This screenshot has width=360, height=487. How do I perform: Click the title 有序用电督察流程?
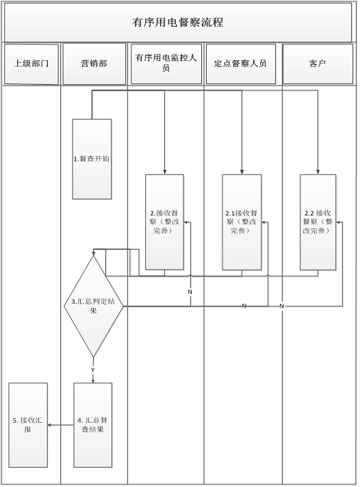coord(177,23)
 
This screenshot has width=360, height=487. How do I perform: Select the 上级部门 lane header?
coord(31,64)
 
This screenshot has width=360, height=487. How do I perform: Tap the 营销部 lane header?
coord(94,64)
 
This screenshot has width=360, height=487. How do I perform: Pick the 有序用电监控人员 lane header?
coord(166,64)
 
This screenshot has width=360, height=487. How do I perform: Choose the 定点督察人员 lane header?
coord(241,64)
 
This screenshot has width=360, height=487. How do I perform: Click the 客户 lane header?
coord(318,64)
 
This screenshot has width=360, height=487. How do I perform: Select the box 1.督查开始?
coord(92,159)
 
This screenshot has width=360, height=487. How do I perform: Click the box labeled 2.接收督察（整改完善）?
coord(164,222)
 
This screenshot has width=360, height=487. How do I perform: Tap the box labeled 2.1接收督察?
coord(242,222)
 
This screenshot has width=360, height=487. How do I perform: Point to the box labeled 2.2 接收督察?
coord(318,222)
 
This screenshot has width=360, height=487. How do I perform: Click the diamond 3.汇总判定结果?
coord(94,306)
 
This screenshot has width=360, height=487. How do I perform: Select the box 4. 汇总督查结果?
coord(92,425)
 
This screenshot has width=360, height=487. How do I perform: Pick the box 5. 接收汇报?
coord(28,425)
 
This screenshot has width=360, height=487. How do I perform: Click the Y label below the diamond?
coord(92,370)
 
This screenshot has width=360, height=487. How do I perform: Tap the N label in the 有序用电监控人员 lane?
coord(190,292)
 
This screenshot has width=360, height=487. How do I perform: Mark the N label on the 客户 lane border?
coord(282,306)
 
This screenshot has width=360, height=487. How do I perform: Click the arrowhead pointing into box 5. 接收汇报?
coord(50,425)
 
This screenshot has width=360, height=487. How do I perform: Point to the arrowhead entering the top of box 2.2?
coord(318,172)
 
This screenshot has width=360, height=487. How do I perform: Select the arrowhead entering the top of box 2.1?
coord(242,172)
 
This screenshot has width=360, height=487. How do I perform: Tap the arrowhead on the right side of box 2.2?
coord(338,222)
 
